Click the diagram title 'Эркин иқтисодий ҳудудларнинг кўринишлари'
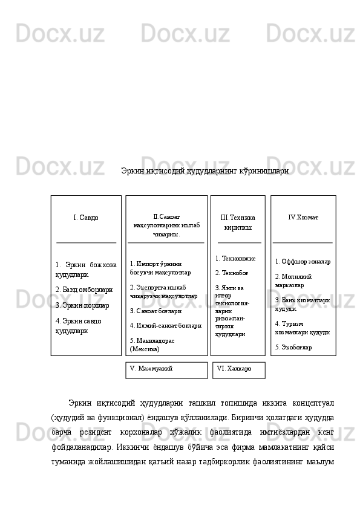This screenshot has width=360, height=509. point(205,172)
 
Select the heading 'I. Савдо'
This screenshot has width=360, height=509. point(85,217)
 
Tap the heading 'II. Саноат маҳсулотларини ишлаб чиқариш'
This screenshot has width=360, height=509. point(166,224)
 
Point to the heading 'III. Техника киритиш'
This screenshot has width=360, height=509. point(238,222)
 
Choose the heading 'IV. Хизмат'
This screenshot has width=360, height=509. point(303,216)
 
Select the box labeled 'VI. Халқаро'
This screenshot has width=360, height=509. point(235,368)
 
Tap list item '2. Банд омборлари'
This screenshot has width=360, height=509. point(83,290)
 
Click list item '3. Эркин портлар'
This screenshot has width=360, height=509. point(82,306)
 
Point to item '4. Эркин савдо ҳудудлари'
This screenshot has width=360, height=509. point(79,325)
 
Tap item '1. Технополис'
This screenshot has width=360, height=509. point(235,258)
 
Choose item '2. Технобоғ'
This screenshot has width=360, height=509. point(231,273)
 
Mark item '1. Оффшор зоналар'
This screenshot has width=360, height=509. point(303,262)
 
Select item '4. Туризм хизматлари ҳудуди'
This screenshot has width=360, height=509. point(302,328)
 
